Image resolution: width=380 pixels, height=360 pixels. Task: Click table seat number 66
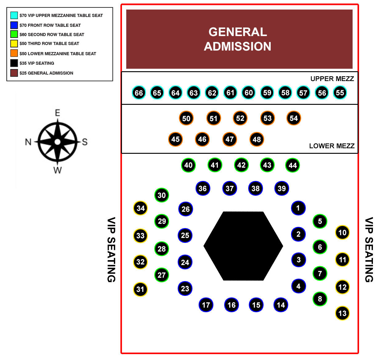[x=139, y=92]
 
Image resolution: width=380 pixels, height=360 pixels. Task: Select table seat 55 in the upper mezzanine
[x=340, y=92]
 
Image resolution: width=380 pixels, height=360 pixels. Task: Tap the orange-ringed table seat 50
[x=186, y=118]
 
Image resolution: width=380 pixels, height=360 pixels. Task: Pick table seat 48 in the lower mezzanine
[x=257, y=139]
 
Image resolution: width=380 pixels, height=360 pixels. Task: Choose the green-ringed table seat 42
[x=241, y=165]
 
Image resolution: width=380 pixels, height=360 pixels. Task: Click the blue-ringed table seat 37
[x=229, y=188]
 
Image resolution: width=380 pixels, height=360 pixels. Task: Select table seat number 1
[x=298, y=208]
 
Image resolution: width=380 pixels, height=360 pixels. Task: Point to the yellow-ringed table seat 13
[x=342, y=313]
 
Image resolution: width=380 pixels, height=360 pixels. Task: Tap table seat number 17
[x=206, y=305]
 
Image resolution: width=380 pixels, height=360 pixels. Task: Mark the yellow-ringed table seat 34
[x=140, y=208]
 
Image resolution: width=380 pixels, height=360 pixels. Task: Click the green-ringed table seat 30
[x=161, y=195]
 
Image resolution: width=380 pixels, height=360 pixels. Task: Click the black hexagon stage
[x=243, y=246]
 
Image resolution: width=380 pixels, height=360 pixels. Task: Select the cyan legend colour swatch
[x=14, y=15]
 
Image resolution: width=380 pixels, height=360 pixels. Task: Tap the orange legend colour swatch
[x=14, y=53]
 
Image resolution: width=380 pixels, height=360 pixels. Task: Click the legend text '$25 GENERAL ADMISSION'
[x=46, y=73]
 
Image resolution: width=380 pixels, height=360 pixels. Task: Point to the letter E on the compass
[x=57, y=112]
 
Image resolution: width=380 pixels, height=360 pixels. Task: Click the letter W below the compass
[x=57, y=170]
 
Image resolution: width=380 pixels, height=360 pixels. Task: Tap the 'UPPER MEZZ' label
[x=332, y=79]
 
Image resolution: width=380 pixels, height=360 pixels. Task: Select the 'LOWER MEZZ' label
[x=331, y=146]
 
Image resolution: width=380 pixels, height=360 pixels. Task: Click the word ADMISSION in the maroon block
[x=237, y=47]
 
